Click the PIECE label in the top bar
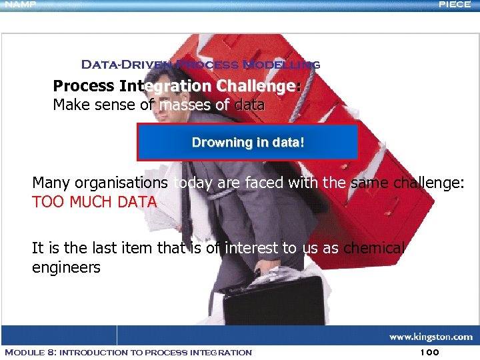tap(455, 4)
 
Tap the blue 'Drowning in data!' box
tap(247, 142)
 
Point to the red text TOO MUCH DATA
tap(94, 202)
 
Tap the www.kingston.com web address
tap(431, 337)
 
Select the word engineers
tap(66, 268)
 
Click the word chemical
tap(373, 249)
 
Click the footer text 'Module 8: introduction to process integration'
tap(128, 352)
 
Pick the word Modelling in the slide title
tap(281, 65)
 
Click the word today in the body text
tap(193, 183)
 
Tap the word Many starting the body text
tap(51, 183)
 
